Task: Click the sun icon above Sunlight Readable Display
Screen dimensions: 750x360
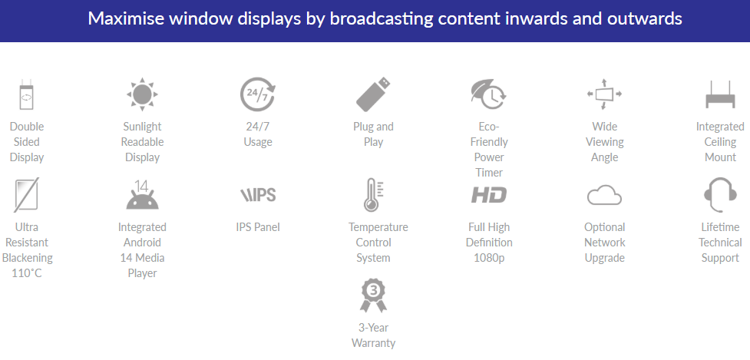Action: pyautogui.click(x=142, y=94)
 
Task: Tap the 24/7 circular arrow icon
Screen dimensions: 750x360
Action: pyautogui.click(x=258, y=94)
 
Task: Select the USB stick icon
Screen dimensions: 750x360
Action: pyautogui.click(x=373, y=94)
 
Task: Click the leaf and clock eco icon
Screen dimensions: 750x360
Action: pyautogui.click(x=488, y=94)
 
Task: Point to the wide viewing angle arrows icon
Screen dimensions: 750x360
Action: pyautogui.click(x=604, y=94)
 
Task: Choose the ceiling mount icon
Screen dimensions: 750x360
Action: pyautogui.click(x=720, y=94)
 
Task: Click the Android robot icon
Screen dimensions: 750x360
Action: pyautogui.click(x=142, y=195)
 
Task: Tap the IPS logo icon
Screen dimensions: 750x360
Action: pyautogui.click(x=258, y=195)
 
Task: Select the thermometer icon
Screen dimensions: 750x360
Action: pyautogui.click(x=373, y=195)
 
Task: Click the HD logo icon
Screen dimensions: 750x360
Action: pyautogui.click(x=488, y=195)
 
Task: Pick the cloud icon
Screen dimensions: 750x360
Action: pyautogui.click(x=604, y=195)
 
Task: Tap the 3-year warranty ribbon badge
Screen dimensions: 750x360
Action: pyautogui.click(x=373, y=296)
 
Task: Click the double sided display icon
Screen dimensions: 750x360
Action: pyautogui.click(x=26, y=94)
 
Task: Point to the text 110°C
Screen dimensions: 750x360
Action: pyautogui.click(x=27, y=273)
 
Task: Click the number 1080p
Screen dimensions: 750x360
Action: pyautogui.click(x=489, y=258)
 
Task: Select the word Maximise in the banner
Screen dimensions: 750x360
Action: pyautogui.click(x=125, y=18)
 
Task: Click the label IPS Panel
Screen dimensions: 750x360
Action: pyautogui.click(x=258, y=227)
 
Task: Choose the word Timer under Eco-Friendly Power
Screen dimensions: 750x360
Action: pyautogui.click(x=489, y=173)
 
